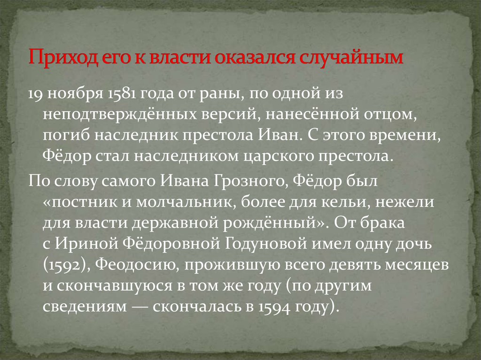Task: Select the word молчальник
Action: pos(186,202)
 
